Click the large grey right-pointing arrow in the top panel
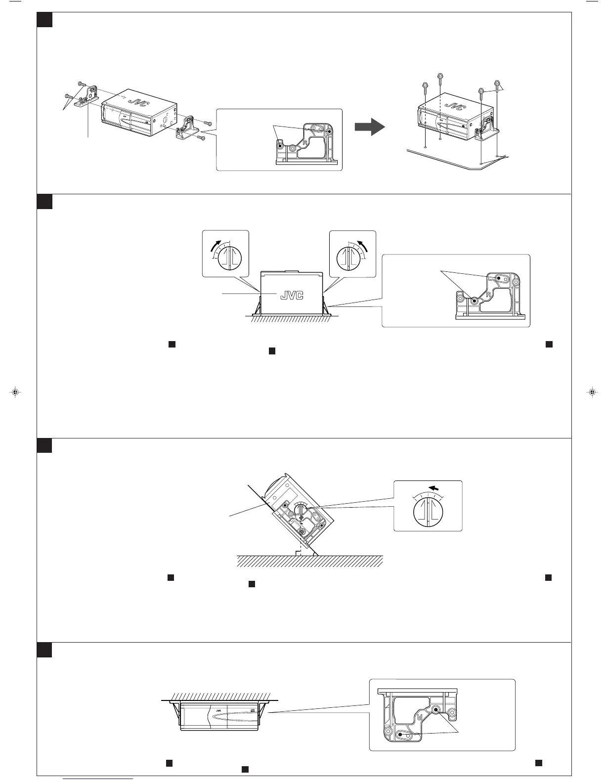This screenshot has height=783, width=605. pos(370,127)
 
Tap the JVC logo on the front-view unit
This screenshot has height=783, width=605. pos(292,295)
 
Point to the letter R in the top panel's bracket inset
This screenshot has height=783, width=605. pos(306,141)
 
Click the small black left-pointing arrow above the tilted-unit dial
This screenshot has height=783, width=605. pos(434,488)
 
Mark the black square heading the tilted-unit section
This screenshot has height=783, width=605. pos(44,445)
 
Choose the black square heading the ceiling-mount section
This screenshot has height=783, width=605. pos(44,650)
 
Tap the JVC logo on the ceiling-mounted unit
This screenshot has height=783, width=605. pos(218,711)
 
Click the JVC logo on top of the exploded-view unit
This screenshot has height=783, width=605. pos(137,101)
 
